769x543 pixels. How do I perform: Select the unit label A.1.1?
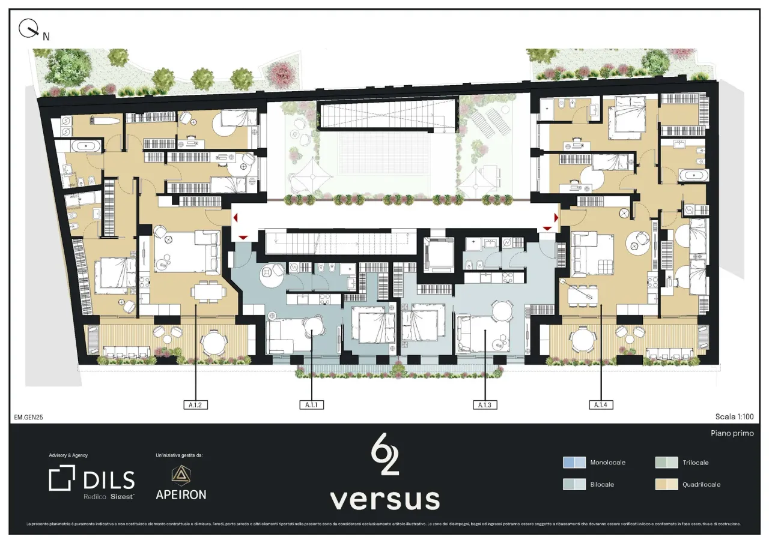[x=311, y=405]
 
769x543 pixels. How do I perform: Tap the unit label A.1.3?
[x=485, y=405]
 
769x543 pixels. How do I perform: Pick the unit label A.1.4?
[x=601, y=405]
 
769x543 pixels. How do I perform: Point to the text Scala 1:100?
[x=734, y=416]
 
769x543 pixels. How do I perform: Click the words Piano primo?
[x=732, y=433]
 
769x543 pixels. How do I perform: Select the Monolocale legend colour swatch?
[x=574, y=463]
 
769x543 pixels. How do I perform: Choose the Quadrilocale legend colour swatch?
[x=666, y=484]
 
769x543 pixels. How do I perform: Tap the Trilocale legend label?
[x=696, y=463]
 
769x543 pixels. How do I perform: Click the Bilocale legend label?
[x=602, y=484]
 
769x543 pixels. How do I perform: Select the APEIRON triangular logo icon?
[x=180, y=475]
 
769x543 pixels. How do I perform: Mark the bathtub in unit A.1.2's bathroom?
[x=88, y=145]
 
